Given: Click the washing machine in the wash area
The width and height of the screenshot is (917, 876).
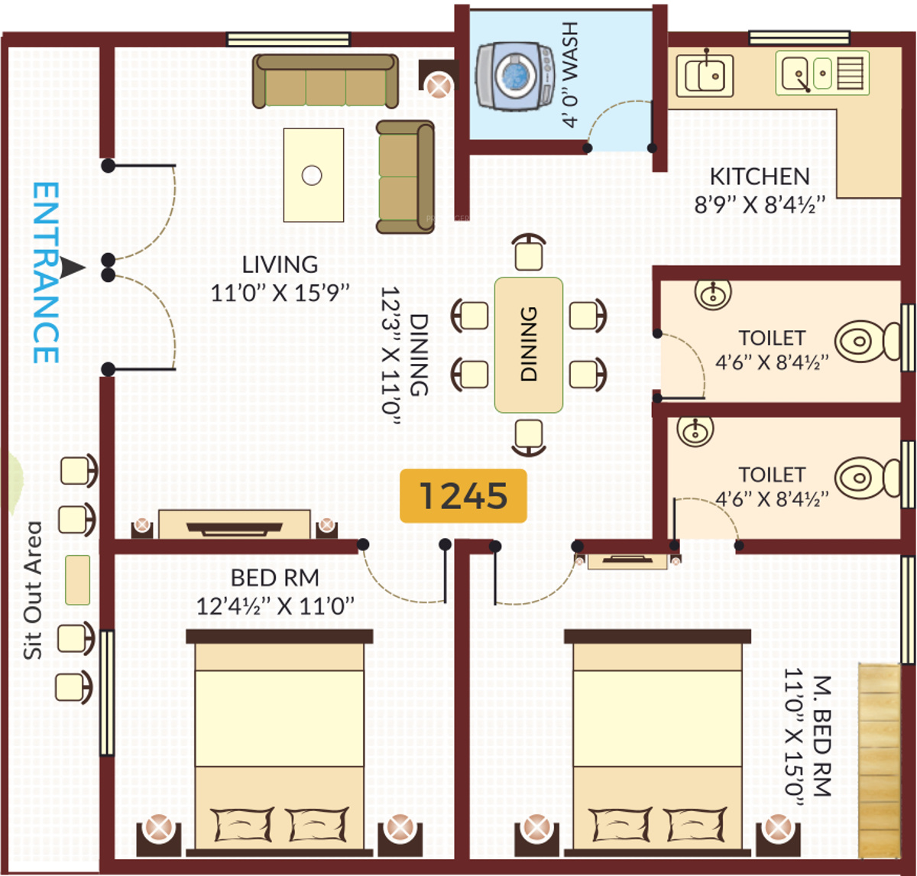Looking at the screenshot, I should click(515, 76).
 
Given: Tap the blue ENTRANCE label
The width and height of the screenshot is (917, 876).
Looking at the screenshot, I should click(46, 272).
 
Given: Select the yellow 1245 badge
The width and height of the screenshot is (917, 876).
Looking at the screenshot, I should click(463, 496).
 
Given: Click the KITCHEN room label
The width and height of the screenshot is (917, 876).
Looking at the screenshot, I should click(759, 177).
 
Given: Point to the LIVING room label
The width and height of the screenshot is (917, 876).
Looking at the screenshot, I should click(280, 264).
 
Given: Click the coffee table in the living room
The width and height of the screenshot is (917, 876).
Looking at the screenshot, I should click(313, 175).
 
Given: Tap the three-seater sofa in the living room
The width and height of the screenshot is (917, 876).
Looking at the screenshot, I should click(326, 80).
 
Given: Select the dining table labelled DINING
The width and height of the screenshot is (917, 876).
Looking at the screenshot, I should click(529, 345).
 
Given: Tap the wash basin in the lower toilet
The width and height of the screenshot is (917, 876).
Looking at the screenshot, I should click(695, 430).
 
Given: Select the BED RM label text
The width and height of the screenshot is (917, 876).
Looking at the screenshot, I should click(274, 578).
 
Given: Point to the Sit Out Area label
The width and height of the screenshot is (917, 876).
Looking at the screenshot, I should click(33, 589).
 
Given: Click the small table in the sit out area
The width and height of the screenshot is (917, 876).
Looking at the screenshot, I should click(77, 579).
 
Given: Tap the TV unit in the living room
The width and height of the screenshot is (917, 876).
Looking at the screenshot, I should click(235, 526).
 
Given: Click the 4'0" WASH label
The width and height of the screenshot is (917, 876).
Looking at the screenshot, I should click(570, 74).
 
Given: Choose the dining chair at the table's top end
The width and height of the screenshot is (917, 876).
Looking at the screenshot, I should click(529, 253).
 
